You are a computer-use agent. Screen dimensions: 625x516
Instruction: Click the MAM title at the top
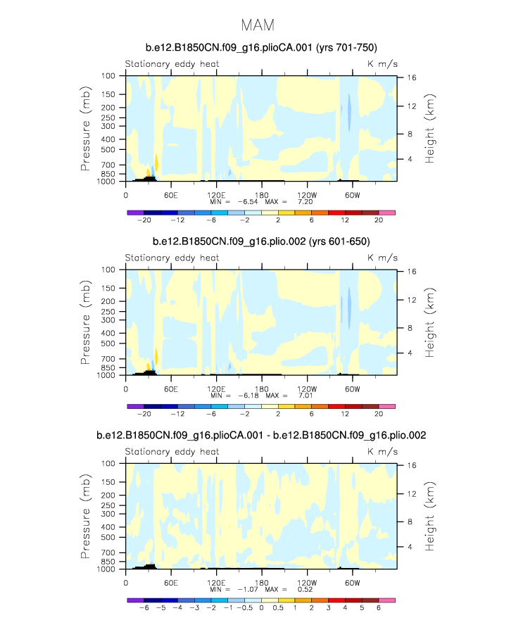click(258, 25)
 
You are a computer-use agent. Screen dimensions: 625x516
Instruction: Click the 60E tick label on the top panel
click(170, 194)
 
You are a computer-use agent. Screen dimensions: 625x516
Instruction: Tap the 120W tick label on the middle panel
click(307, 389)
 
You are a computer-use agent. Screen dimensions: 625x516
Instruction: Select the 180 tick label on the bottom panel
click(261, 583)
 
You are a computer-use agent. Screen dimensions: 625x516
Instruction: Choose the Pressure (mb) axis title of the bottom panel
click(86, 518)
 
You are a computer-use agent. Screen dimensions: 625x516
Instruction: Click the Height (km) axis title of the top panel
click(429, 130)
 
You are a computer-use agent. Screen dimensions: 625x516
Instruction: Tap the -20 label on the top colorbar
click(144, 220)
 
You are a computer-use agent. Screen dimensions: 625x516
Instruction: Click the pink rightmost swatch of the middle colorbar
click(387, 406)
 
